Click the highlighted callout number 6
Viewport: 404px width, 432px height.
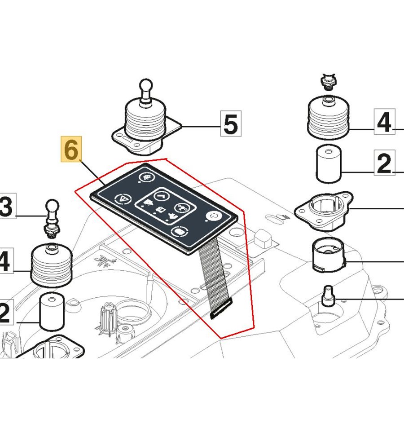(71, 150)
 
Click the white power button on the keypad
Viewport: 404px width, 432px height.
(211, 217)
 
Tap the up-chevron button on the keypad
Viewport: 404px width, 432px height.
(160, 196)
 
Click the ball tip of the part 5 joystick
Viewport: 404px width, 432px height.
(146, 85)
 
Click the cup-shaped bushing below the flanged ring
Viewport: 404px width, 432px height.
(329, 256)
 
